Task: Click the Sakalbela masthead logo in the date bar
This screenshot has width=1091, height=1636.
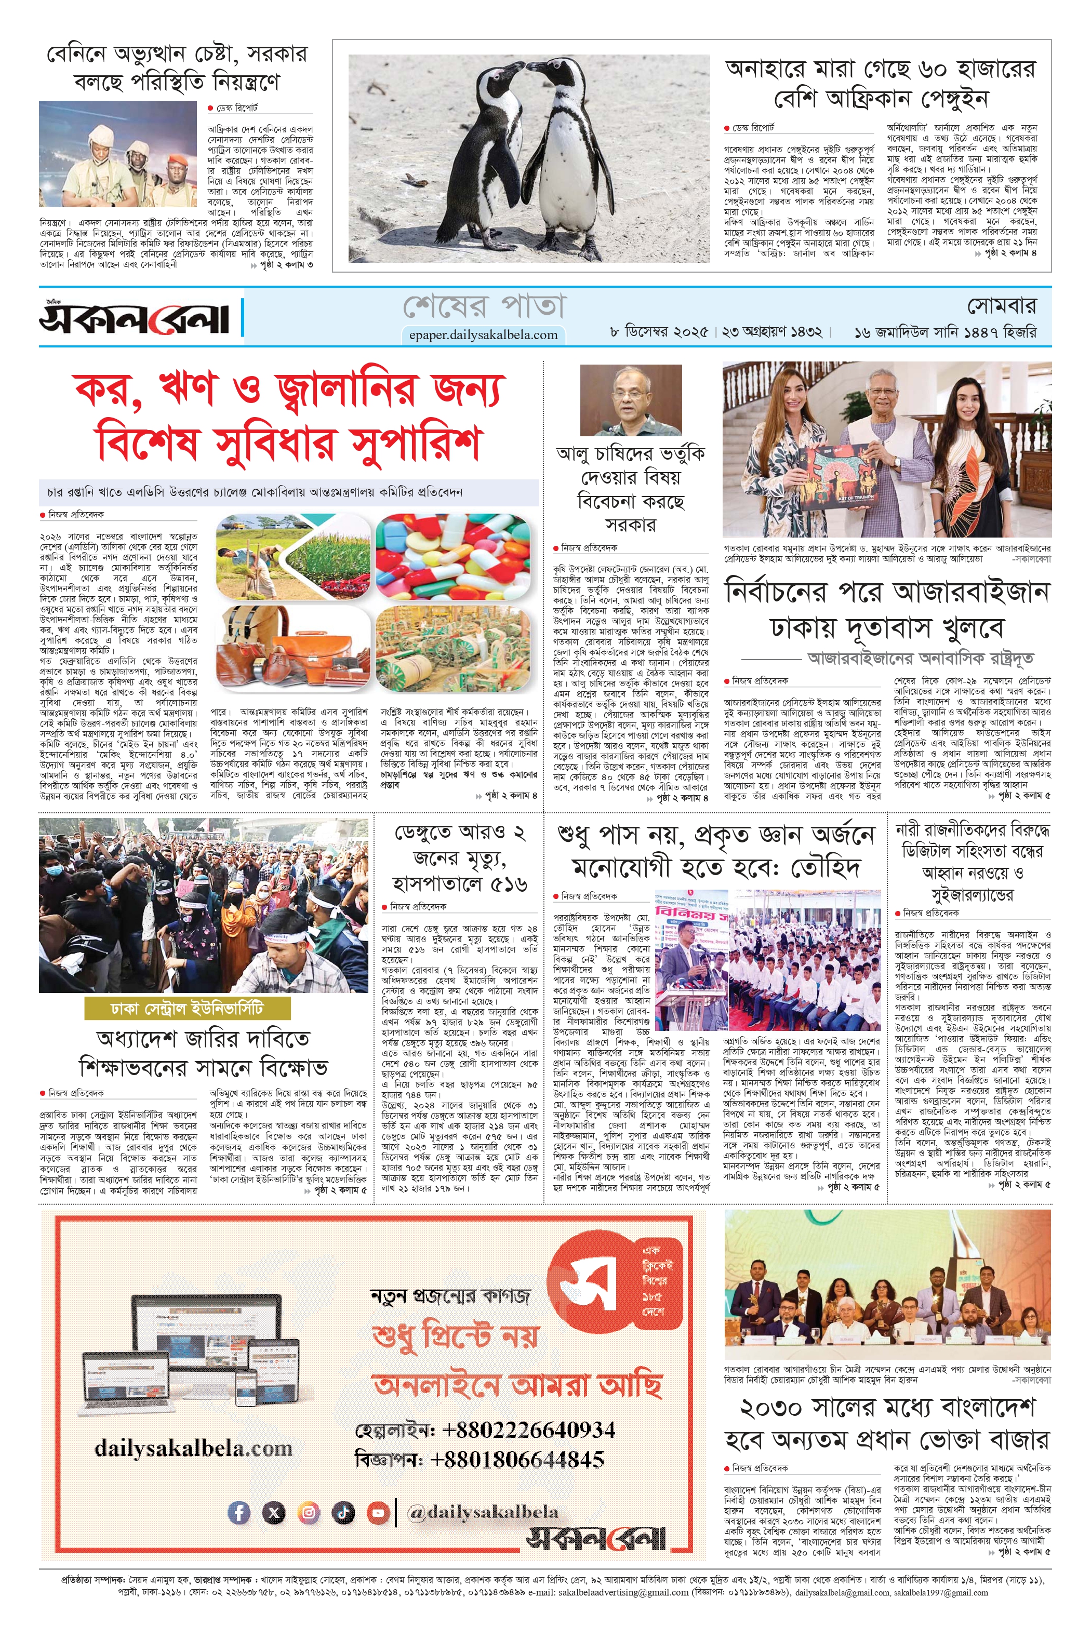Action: tap(134, 317)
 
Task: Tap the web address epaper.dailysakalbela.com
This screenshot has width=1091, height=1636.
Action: tap(483, 334)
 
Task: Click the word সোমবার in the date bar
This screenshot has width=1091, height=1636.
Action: tap(1001, 305)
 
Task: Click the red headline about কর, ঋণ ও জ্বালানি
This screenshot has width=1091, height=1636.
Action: tap(289, 416)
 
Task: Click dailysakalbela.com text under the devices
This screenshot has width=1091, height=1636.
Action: tap(193, 1448)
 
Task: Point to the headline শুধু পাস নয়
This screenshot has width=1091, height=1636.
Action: tap(715, 851)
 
